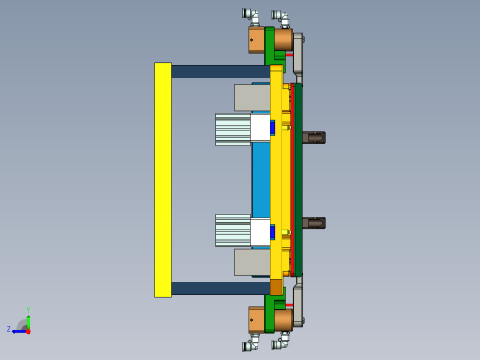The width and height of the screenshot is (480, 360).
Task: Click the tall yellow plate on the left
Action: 162,180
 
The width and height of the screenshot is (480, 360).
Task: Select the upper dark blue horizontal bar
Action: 220,71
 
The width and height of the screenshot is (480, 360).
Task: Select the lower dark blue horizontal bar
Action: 220,288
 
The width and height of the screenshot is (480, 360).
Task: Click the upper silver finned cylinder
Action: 233,129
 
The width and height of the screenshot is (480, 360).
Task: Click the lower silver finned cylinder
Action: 233,231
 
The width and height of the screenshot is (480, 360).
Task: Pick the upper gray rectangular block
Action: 251,97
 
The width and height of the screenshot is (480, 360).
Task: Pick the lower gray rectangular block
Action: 251,262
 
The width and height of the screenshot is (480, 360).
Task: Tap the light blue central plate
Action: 260,180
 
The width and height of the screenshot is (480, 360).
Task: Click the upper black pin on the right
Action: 314,138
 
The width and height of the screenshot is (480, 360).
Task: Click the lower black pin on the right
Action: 314,222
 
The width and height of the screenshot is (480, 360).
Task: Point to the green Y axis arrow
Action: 29,317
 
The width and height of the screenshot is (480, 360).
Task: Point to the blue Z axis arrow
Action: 18,329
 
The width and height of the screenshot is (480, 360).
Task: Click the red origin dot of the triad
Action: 28,330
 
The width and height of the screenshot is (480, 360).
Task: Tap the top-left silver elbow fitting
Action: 250,14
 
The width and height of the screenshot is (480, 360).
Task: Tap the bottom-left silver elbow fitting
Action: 250,345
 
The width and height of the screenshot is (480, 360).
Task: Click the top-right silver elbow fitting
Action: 281,17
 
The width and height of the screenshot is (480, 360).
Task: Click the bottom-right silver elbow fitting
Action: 281,343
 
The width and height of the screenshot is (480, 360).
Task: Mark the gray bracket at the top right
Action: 298,51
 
